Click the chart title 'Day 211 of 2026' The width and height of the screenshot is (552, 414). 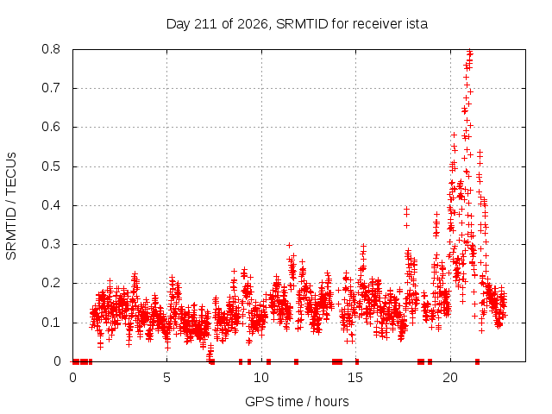(217, 24)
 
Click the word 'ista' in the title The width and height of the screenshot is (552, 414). (417, 24)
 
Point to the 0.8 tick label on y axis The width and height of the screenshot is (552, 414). (51, 49)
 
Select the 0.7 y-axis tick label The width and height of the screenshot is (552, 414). (51, 88)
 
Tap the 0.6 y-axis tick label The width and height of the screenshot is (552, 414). (51, 127)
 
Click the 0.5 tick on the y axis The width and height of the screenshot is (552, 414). (51, 166)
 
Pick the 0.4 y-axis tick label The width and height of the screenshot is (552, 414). (51, 205)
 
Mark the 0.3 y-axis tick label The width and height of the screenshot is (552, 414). (51, 244)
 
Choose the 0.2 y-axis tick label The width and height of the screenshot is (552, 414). (51, 283)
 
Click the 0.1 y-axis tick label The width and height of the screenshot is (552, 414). (51, 323)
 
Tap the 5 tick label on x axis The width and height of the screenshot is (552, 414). (166, 378)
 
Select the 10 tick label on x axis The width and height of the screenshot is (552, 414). (261, 378)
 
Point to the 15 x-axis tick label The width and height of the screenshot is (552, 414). (355, 378)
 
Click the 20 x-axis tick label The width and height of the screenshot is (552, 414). (450, 378)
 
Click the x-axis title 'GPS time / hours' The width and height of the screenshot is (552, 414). (297, 402)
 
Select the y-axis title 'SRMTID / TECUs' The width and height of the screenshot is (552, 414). (11, 206)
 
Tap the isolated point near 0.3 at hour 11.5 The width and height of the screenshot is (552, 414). (290, 245)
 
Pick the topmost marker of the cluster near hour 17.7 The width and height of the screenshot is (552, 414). (406, 209)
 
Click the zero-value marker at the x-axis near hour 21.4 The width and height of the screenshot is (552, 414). (477, 361)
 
